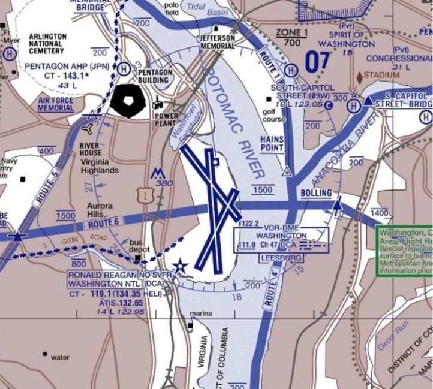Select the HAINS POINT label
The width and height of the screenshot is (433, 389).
272,144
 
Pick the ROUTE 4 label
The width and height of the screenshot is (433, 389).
270,288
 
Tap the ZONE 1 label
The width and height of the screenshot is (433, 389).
291,32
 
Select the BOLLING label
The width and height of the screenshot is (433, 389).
315,193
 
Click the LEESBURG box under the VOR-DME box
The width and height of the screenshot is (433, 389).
281,257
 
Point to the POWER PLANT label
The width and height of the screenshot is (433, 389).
166,120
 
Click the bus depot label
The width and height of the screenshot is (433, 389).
140,246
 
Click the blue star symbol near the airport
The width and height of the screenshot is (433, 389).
179,265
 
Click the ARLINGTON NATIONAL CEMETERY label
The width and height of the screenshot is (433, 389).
47,44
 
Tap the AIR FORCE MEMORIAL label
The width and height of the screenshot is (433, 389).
56,104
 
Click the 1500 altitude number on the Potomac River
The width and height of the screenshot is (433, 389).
263,190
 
